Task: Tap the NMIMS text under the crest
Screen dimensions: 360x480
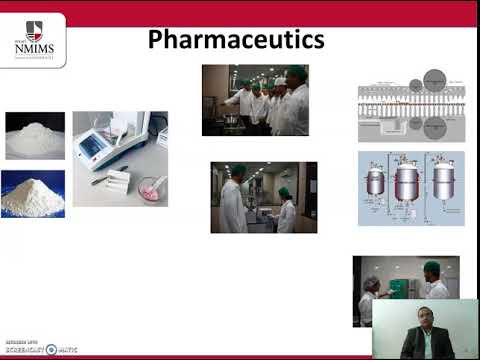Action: point(34,48)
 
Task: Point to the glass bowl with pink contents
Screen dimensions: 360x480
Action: point(152,187)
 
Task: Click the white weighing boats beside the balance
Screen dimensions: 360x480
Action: point(118,180)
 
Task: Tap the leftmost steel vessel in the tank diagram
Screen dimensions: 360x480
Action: point(376,182)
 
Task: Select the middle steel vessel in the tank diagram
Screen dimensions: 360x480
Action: point(406,182)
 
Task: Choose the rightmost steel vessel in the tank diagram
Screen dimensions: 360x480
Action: point(443,182)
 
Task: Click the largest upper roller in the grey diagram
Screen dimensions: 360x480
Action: point(435,79)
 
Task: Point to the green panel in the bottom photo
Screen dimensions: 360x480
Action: point(403,286)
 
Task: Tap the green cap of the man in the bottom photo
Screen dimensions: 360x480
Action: point(432,267)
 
